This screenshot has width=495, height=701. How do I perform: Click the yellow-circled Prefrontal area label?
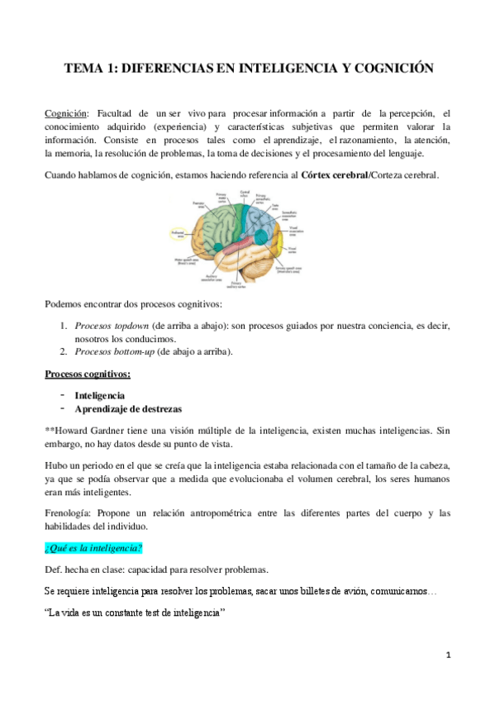click(178, 234)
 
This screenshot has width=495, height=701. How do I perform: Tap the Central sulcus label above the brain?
click(244, 195)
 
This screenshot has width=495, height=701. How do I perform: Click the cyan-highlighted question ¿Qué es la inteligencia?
click(93, 548)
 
